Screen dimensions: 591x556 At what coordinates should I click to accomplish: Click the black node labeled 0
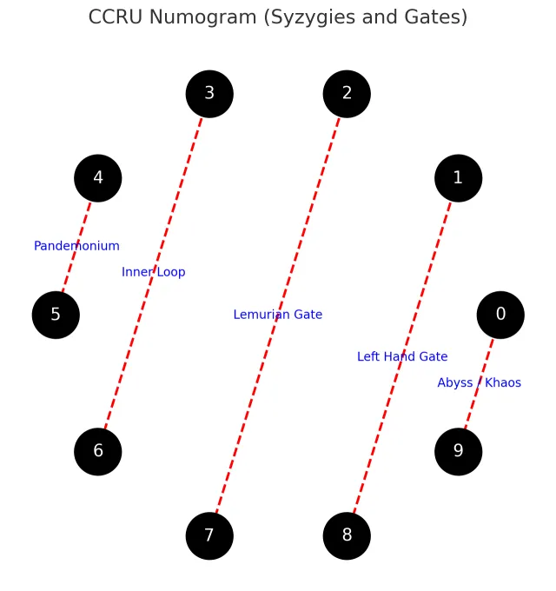pyautogui.click(x=500, y=315)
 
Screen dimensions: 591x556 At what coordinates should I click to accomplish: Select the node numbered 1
pyautogui.click(x=458, y=178)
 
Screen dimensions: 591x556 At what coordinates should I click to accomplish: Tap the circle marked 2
pyautogui.click(x=347, y=94)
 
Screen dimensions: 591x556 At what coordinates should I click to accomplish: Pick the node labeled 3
pyautogui.click(x=209, y=94)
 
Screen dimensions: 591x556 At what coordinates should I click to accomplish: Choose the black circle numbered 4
pyautogui.click(x=98, y=178)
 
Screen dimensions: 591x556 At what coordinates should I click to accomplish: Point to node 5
pyautogui.click(x=56, y=315)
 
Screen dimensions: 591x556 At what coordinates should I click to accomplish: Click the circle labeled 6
pyautogui.click(x=98, y=451)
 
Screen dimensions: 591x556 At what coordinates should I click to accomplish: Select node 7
pyautogui.click(x=209, y=535)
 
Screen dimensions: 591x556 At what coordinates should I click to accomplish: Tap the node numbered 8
pyautogui.click(x=347, y=535)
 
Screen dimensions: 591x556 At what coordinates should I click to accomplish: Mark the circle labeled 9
pyautogui.click(x=458, y=451)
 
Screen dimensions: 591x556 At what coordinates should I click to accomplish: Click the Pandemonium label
pyautogui.click(x=76, y=246)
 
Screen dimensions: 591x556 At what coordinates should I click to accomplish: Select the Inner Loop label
pyautogui.click(x=153, y=272)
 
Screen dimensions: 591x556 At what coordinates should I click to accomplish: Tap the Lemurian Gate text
pyautogui.click(x=277, y=315)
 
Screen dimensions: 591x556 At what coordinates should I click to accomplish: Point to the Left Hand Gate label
pyautogui.click(x=402, y=356)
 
